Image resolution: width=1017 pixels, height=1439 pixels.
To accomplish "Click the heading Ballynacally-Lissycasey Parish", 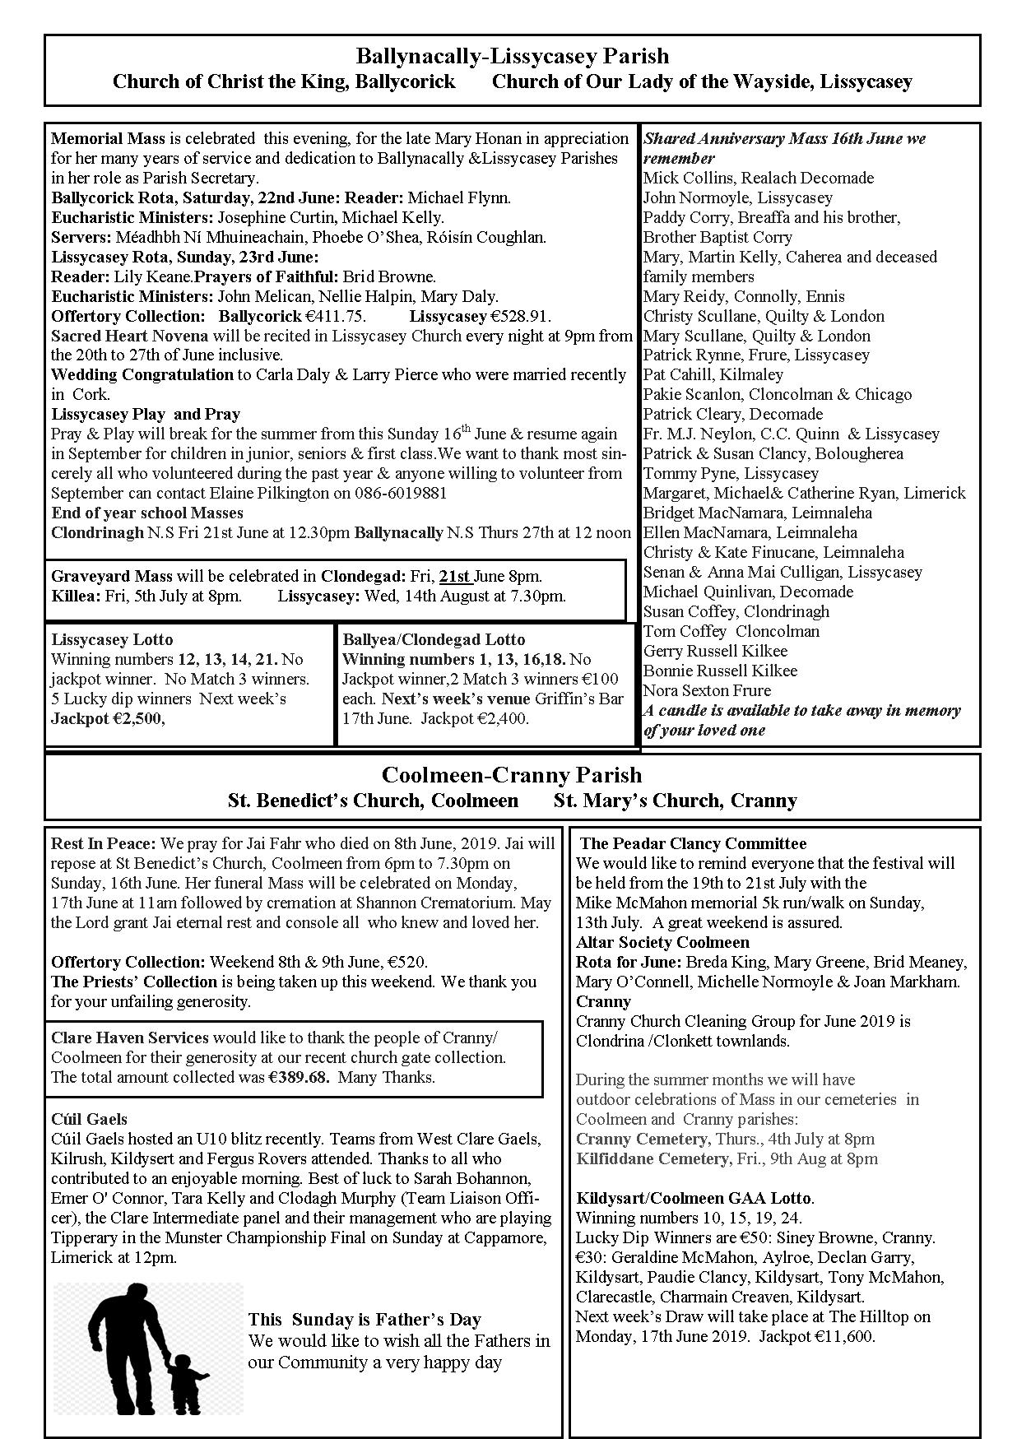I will pos(512,57).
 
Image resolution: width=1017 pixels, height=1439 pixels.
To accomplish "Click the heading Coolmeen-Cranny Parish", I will pos(512,775).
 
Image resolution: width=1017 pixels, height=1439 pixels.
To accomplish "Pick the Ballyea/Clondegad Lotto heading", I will pos(434,639).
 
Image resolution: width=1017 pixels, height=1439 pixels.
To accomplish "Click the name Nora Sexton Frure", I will pos(707,690).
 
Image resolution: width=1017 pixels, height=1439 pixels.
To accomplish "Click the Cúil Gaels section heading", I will pos(89,1119).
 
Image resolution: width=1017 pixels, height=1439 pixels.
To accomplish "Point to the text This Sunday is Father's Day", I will pos(365,1320).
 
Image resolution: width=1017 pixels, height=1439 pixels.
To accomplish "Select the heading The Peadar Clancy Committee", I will pos(693,843).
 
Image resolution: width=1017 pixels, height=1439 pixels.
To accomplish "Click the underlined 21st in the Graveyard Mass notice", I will pos(455,576).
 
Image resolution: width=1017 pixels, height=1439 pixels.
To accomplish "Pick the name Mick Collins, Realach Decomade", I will pos(758,178).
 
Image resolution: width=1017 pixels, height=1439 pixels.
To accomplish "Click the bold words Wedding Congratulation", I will pos(142,374).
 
